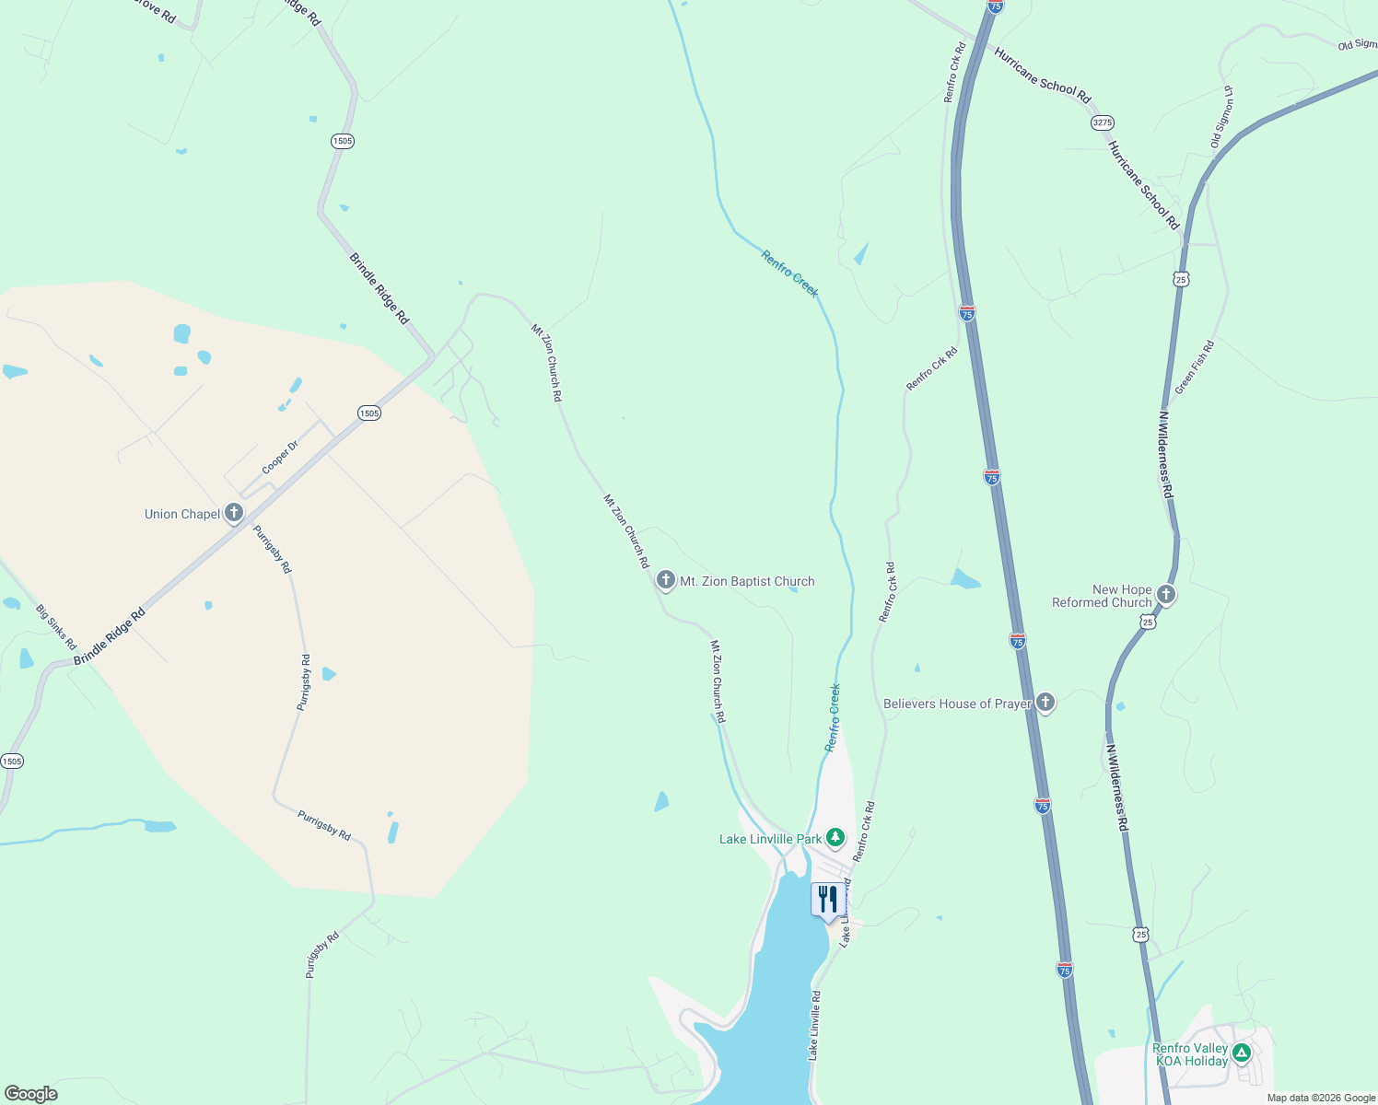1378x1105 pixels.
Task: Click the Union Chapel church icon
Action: coord(234,513)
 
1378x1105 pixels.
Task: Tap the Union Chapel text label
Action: coord(182,514)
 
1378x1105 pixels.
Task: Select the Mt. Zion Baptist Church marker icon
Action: coord(665,580)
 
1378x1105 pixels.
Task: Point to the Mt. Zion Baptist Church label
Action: coord(747,581)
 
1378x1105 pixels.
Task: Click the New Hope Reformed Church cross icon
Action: coord(1165,594)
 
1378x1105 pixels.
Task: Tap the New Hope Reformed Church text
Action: coord(1103,596)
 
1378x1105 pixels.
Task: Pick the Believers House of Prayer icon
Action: coord(1045,703)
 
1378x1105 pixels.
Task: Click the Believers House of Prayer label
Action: coord(957,704)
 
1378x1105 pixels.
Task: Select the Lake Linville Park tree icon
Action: coord(835,837)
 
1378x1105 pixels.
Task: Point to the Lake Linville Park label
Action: coord(770,839)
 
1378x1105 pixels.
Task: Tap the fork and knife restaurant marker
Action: coord(827,900)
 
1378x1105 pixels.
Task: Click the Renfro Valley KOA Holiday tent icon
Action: coord(1241,1052)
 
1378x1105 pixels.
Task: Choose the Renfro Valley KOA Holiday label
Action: coord(1190,1055)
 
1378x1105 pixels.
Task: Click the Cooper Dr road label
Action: coord(280,458)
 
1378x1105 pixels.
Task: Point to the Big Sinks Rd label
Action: coord(56,627)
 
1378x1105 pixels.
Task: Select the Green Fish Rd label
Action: coord(1195,367)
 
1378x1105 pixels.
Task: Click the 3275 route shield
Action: coord(1102,122)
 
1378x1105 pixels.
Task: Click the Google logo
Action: coord(30,1094)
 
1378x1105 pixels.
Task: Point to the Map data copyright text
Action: coord(1321,1098)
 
